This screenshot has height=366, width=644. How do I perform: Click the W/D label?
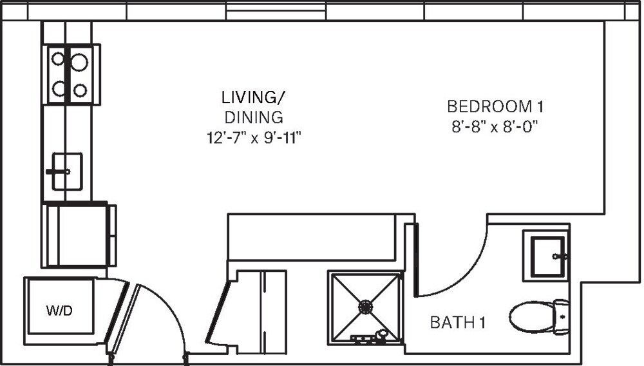pyautogui.click(x=59, y=311)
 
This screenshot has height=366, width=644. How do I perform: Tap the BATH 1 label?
pyautogui.click(x=457, y=322)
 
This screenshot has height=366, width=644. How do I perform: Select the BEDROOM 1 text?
pyautogui.click(x=500, y=105)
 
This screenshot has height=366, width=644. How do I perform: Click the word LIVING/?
pyautogui.click(x=252, y=98)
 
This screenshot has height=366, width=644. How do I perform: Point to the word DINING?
pyautogui.click(x=253, y=117)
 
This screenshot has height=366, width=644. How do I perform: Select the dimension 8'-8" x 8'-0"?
pyautogui.click(x=495, y=126)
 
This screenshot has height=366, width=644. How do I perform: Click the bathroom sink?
pyautogui.click(x=545, y=255)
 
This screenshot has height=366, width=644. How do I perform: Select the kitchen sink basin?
pyautogui.click(x=68, y=171)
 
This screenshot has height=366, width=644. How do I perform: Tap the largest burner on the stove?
pyautogui.click(x=79, y=62)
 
